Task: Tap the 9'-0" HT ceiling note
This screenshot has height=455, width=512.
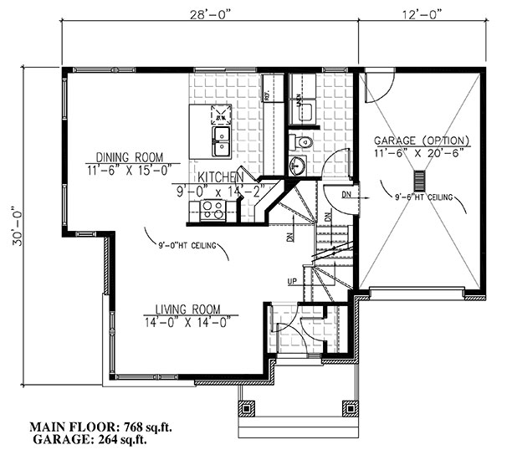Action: pos(187,246)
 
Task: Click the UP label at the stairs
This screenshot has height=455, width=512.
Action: pos(292,282)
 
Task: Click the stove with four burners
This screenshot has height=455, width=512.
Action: pos(214,211)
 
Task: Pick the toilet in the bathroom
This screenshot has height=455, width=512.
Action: pos(301,141)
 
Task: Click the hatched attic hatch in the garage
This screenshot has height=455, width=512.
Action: pos(419,181)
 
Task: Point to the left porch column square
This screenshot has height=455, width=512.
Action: pos(248,409)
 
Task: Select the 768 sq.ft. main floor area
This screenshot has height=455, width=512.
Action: pos(139,427)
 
